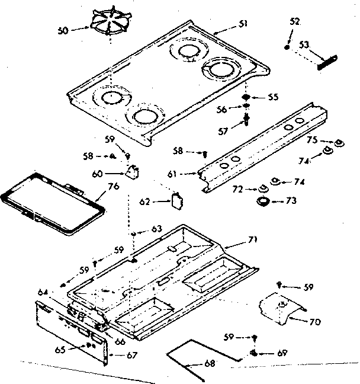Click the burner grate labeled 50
[x=111, y=25]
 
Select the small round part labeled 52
[x=287, y=47]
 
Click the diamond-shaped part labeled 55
[x=246, y=97]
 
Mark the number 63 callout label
[x=157, y=228]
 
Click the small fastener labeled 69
[x=254, y=354]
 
